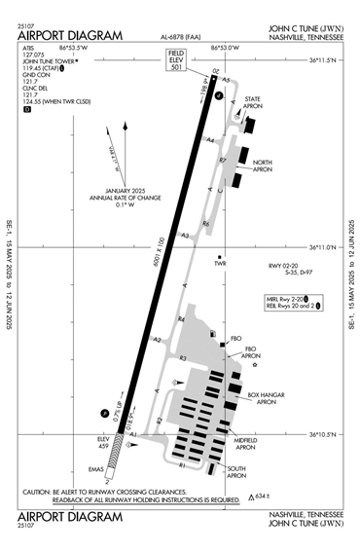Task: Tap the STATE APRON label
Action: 254,102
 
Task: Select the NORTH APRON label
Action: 262,165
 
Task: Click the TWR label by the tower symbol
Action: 220,263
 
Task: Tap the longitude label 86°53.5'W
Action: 74,46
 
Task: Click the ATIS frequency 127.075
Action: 35,55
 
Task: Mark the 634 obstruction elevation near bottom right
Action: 260,496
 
